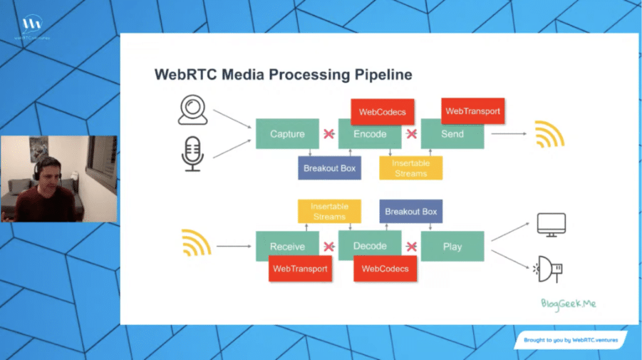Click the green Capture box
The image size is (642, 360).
click(287, 134)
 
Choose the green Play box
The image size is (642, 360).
click(452, 247)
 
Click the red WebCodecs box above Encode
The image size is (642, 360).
click(383, 112)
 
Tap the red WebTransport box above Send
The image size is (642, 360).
click(472, 111)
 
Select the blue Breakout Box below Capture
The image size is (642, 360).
click(330, 168)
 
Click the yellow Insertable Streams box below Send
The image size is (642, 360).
click(410, 168)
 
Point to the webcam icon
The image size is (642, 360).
click(192, 110)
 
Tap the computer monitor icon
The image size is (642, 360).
click(551, 225)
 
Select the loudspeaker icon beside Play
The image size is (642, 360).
click(549, 269)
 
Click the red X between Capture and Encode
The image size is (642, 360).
click(329, 134)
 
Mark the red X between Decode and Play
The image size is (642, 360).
click(411, 247)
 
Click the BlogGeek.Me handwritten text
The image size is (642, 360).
click(567, 304)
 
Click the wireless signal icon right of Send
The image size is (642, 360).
click(549, 135)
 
